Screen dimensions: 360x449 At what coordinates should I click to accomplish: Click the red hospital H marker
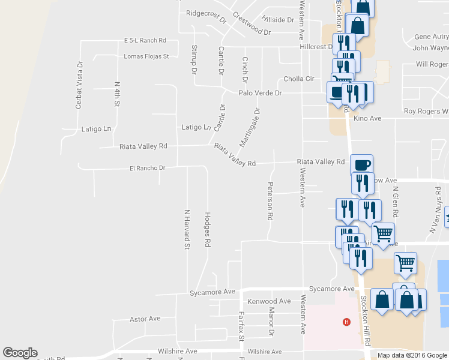(346, 322)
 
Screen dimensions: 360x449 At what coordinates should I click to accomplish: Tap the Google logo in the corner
(20, 353)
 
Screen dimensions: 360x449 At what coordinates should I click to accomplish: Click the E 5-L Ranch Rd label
(145, 40)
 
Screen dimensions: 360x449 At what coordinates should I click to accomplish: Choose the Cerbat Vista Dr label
(78, 85)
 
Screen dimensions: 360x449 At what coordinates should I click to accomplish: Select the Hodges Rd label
(208, 229)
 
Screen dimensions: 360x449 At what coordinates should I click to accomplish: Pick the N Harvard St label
(187, 229)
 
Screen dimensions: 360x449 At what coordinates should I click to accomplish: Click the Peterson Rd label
(270, 200)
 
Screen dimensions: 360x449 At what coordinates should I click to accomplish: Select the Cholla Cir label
(298, 79)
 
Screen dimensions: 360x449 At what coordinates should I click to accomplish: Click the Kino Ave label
(368, 119)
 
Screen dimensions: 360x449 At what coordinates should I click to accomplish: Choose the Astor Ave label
(145, 319)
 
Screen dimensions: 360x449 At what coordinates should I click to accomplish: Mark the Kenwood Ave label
(269, 301)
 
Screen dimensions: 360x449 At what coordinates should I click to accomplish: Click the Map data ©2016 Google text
(412, 355)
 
